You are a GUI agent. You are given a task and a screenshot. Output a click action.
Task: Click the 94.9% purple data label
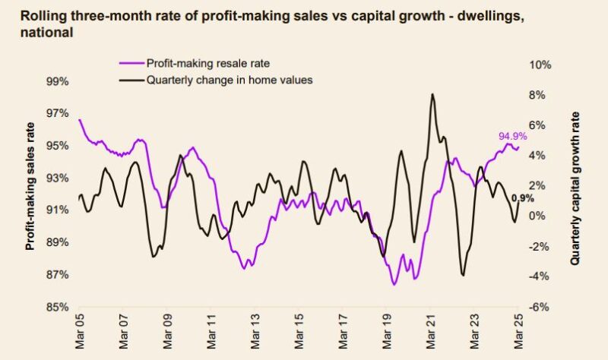(x=511, y=137)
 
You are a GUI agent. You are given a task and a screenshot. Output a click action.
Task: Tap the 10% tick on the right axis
(x=540, y=65)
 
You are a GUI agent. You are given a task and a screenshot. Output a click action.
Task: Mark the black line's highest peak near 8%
(x=432, y=94)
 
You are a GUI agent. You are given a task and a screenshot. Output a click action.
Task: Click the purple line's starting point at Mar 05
(x=80, y=119)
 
